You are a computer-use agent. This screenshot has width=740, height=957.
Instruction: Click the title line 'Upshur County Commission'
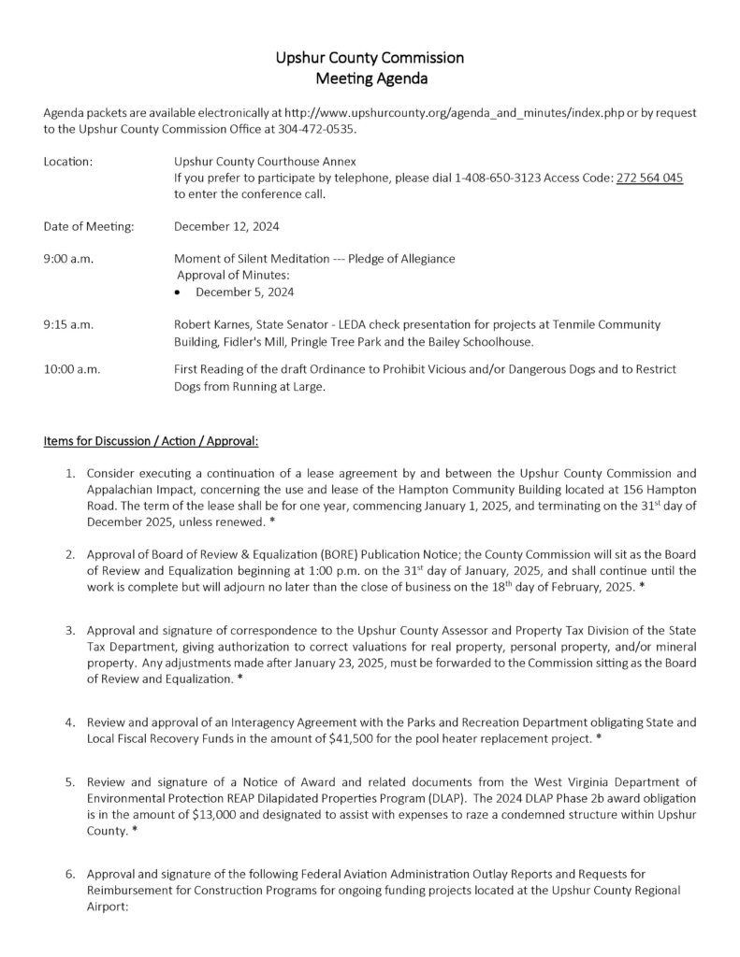click(370, 58)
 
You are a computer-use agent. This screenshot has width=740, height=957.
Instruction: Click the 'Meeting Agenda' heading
click(370, 79)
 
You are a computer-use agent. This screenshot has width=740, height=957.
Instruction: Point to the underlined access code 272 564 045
click(649, 178)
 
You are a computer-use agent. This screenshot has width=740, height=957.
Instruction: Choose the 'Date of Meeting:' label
click(88, 226)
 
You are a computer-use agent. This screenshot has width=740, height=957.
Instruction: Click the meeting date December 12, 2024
click(226, 226)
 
